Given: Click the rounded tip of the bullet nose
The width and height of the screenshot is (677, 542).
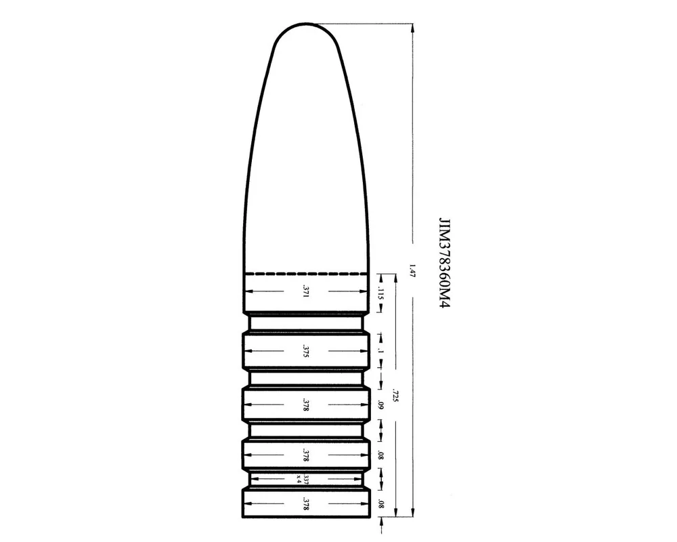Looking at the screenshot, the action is (x=306, y=24).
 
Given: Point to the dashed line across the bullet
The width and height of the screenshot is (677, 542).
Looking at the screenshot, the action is (x=306, y=274).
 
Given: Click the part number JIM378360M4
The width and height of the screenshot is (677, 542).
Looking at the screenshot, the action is (x=444, y=263).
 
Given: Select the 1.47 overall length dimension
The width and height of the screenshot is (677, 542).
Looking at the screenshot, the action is (x=412, y=270).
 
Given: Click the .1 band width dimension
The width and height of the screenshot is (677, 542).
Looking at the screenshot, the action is (x=380, y=350).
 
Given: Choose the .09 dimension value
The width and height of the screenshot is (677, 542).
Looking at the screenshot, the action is (x=380, y=405).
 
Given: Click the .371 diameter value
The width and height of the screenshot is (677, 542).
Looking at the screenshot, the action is (x=306, y=291).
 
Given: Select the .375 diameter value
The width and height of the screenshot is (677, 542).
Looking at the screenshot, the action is (x=306, y=351).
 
